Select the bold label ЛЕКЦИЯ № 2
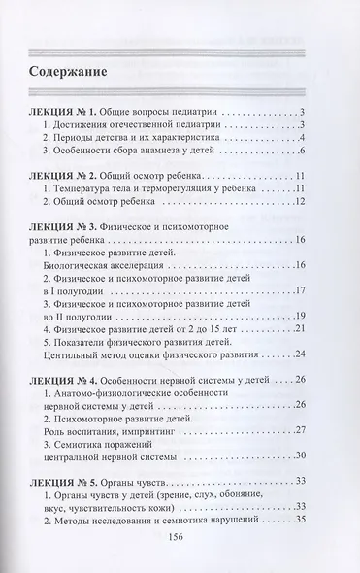click(69, 173)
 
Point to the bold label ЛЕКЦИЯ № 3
click(69, 225)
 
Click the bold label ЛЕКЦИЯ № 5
click(69, 482)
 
